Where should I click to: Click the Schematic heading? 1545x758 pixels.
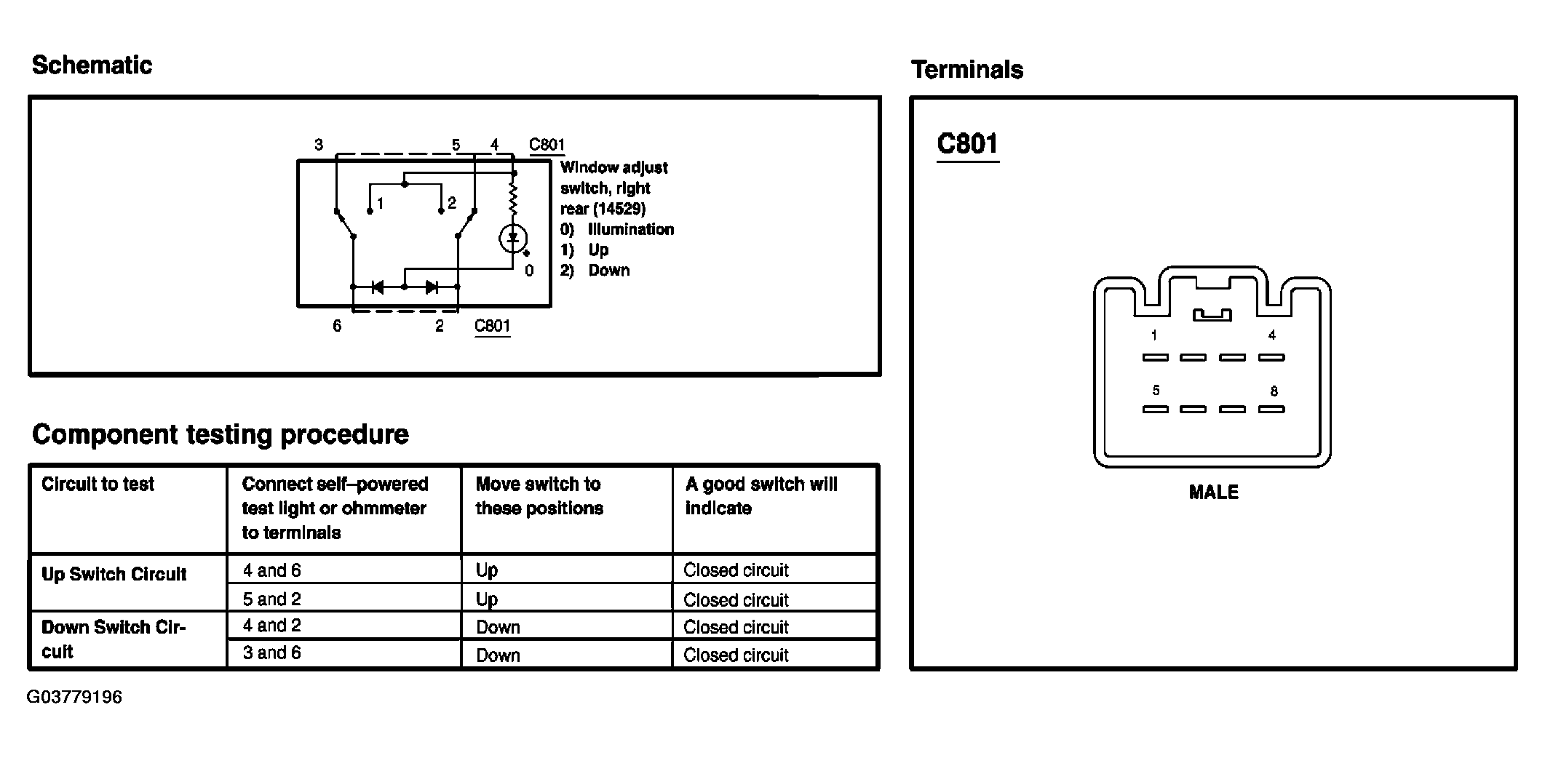(x=92, y=65)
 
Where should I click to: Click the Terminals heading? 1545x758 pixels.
(x=967, y=70)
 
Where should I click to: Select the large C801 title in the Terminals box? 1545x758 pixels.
(x=967, y=143)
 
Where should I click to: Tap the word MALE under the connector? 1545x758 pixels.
(x=1213, y=492)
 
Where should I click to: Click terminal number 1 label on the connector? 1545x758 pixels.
(x=1154, y=335)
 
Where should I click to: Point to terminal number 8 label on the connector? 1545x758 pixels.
(x=1274, y=391)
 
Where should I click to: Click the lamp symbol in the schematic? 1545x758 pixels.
(x=514, y=238)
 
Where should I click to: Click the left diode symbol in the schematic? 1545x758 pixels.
(x=378, y=287)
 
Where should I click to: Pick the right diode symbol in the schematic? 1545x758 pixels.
(x=432, y=287)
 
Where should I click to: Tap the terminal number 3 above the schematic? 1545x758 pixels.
(x=319, y=145)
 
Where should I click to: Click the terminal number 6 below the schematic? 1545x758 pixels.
(x=337, y=326)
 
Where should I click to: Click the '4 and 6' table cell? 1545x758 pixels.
(x=271, y=570)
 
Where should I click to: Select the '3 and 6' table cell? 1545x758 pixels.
(x=271, y=653)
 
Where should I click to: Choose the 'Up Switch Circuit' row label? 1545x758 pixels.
(x=114, y=574)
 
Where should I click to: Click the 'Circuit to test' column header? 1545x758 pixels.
(x=98, y=484)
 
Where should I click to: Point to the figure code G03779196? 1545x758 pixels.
(x=74, y=697)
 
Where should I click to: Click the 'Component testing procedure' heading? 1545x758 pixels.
(x=221, y=434)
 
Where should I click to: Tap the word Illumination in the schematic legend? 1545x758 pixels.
(x=631, y=229)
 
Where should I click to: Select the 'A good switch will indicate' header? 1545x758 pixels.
(x=761, y=496)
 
